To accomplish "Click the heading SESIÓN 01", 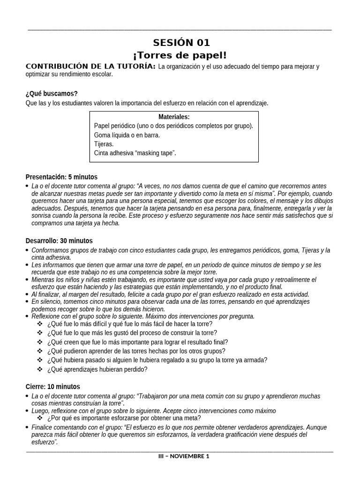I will point(180,43).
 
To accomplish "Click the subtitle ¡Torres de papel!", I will point(180,55).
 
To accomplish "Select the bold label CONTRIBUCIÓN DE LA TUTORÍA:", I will point(90,67).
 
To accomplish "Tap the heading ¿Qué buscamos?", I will point(52,94).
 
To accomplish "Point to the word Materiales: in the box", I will point(174,117).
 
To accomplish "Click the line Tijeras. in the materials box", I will point(104,144).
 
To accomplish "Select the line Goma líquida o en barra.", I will point(127,135).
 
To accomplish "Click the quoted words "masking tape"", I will point(155,153).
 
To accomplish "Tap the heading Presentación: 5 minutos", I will point(61,177).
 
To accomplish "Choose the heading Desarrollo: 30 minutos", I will point(59,240).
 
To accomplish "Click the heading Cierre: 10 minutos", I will point(52,387).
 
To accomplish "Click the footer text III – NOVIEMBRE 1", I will point(184,456).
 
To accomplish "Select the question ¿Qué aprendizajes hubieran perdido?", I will point(97,369).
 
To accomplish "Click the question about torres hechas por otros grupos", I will point(136,351).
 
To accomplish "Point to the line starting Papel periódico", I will point(173,126).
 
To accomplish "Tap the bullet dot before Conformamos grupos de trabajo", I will point(28,251).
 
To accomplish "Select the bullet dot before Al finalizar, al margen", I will point(28,295).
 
